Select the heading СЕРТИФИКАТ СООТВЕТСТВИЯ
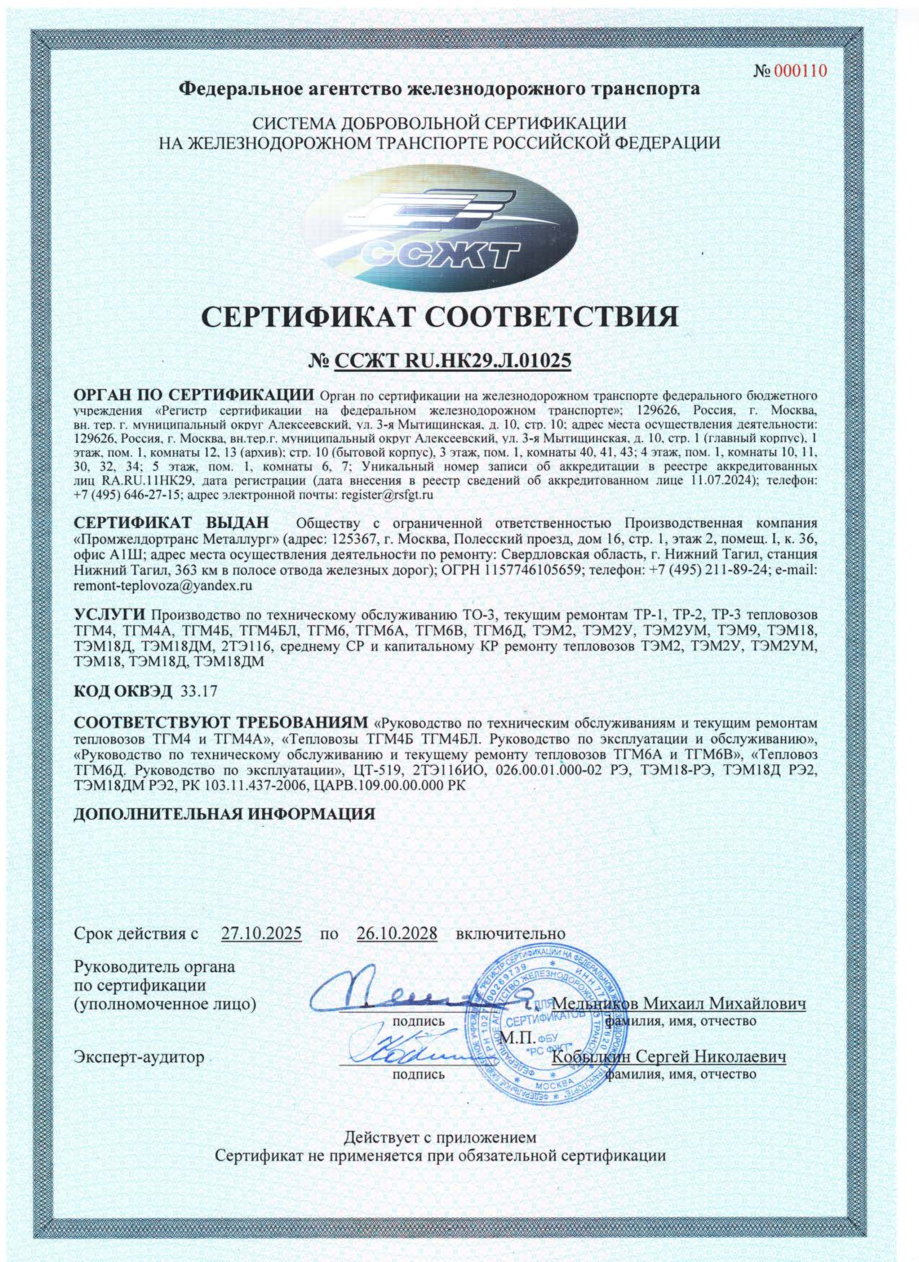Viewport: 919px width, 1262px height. [440, 317]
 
